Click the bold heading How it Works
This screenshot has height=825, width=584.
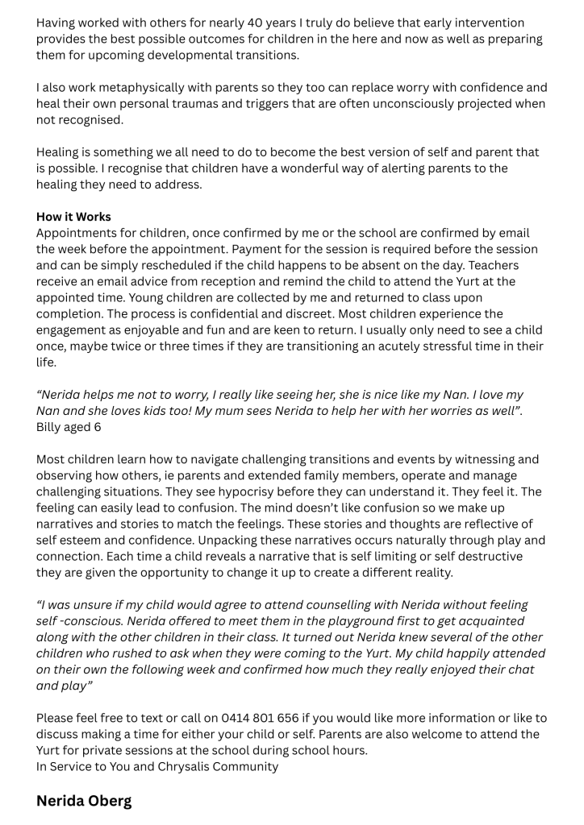click(73, 217)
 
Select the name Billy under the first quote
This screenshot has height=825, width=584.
click(51, 427)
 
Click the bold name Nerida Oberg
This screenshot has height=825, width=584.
click(84, 802)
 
